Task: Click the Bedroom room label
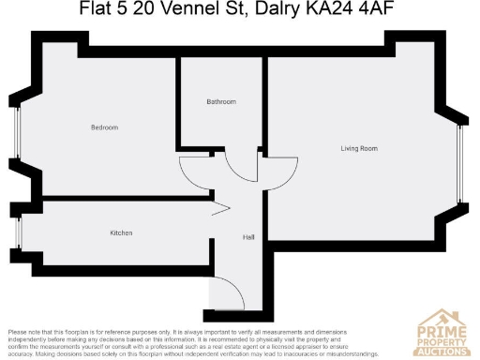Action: pyautogui.click(x=104, y=127)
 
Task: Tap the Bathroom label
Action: pyautogui.click(x=221, y=101)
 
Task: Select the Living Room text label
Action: pyautogui.click(x=359, y=148)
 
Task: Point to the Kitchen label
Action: pyautogui.click(x=121, y=232)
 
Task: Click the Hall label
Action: pyautogui.click(x=248, y=237)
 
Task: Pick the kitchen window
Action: pyautogui.click(x=18, y=232)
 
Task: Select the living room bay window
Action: pyautogui.click(x=460, y=163)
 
